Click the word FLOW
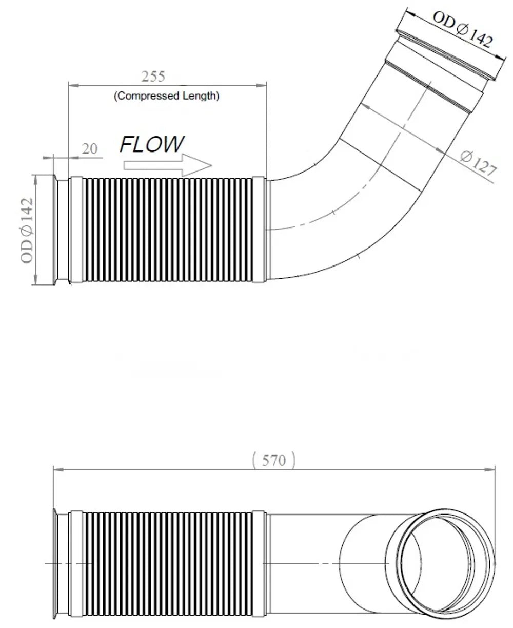[x=152, y=144]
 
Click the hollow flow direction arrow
[x=168, y=165]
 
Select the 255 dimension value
[x=153, y=77]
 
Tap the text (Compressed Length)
[x=167, y=96]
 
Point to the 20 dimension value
[x=90, y=149]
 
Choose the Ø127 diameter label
[x=479, y=163]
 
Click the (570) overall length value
[x=274, y=461]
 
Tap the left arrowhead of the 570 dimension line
[x=58, y=470]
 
